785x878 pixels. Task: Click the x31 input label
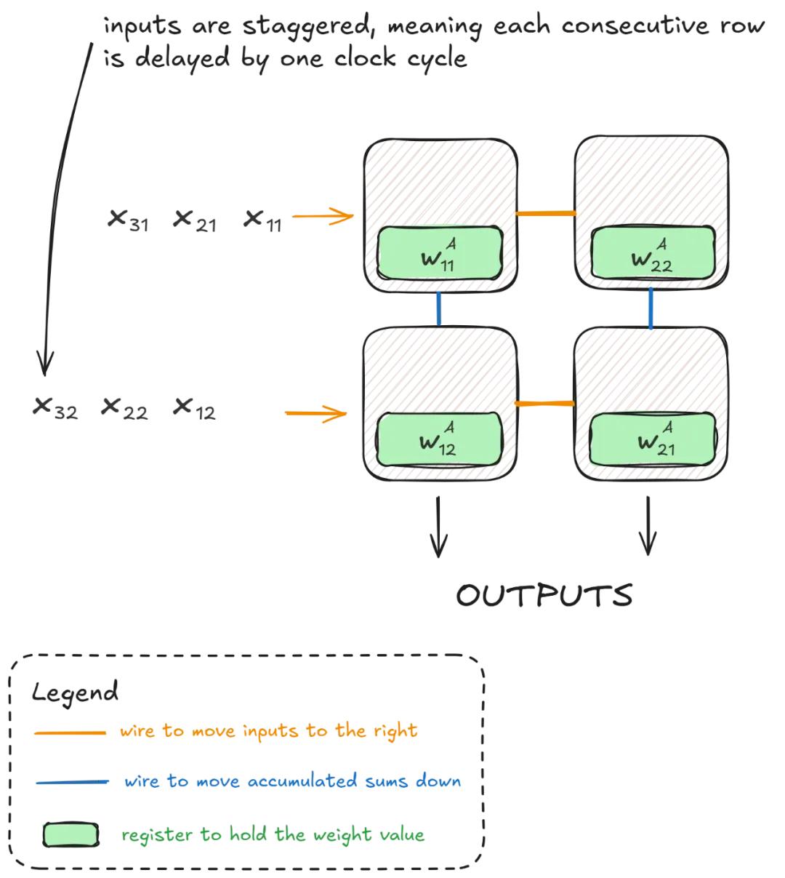[128, 220]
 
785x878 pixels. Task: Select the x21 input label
[195, 220]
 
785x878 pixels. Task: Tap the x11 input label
[263, 220]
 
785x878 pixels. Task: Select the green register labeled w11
[440, 253]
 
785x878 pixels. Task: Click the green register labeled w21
[652, 439]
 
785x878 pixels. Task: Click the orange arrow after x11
[322, 216]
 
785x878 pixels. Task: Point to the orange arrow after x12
[315, 414]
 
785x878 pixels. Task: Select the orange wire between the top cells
[545, 214]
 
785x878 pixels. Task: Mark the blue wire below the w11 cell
[438, 309]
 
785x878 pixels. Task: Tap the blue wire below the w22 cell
[651, 308]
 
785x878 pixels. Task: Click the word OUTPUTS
[544, 596]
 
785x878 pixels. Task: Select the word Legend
[75, 692]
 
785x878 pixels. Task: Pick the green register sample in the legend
[71, 835]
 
